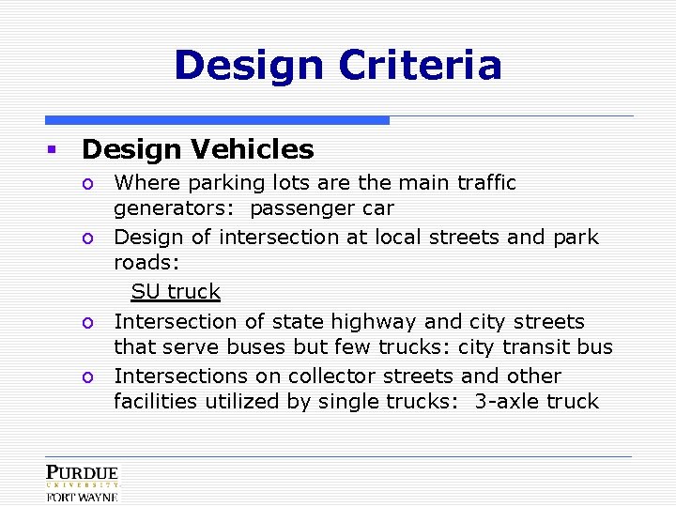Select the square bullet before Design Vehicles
click(x=54, y=149)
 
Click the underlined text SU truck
click(x=176, y=292)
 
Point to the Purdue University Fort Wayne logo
click(x=82, y=483)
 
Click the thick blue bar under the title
click(x=217, y=120)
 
